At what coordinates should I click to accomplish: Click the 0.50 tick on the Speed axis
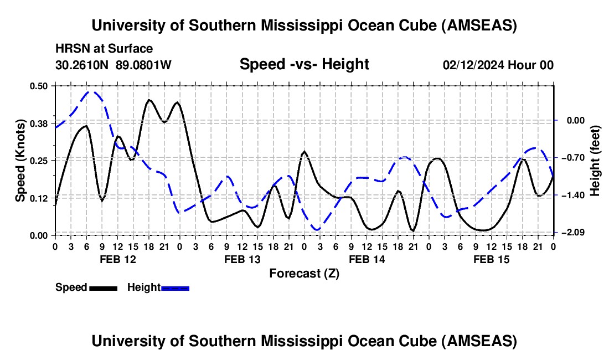point(38,86)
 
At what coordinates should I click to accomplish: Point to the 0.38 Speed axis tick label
point(38,124)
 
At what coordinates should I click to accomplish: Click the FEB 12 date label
point(118,259)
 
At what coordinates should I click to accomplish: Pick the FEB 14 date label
point(367,259)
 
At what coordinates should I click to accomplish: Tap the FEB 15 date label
point(491,259)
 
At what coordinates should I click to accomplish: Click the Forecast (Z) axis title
point(304,274)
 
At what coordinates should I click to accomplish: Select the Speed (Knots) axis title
point(20,161)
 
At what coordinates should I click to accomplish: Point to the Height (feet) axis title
point(595,161)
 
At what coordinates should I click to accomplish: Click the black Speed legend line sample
point(104,289)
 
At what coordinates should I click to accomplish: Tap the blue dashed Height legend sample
point(175,289)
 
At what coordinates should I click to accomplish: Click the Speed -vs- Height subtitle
point(304,64)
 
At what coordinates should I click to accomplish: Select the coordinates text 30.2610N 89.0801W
point(113,65)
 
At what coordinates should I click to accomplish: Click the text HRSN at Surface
point(104,49)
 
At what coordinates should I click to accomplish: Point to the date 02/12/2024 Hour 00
point(498,65)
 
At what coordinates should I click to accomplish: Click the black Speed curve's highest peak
point(149,100)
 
